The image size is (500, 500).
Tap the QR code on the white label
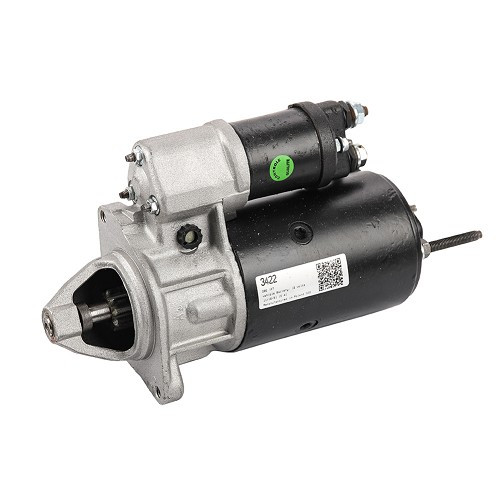(x=330, y=272)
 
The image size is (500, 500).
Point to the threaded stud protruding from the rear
(x=461, y=240)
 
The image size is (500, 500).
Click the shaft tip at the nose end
(x=48, y=322)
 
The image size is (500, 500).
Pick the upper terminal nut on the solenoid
(x=356, y=113)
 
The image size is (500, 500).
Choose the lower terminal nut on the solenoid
(x=357, y=153)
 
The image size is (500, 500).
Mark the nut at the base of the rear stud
(x=427, y=249)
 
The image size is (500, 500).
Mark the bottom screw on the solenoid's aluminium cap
(x=152, y=207)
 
